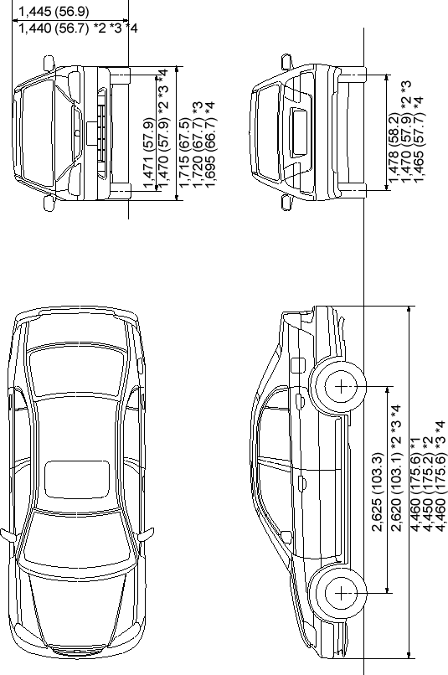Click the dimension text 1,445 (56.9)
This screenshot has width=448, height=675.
(x=54, y=11)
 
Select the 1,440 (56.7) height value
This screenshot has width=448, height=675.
(x=54, y=28)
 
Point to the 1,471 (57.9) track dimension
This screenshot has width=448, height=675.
(x=148, y=153)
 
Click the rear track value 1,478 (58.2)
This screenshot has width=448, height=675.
(x=394, y=147)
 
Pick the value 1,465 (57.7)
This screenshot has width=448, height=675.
(x=419, y=147)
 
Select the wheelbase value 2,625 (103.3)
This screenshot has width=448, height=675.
(x=376, y=492)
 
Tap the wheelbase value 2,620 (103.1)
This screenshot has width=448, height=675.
(x=396, y=492)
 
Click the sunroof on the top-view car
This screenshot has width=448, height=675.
(x=77, y=479)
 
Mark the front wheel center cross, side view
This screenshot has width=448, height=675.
(x=341, y=594)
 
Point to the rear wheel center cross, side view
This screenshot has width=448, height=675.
(x=341, y=387)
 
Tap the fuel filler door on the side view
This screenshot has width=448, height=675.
(x=297, y=365)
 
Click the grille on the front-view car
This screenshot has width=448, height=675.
(x=102, y=133)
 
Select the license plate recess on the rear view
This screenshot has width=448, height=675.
(x=299, y=132)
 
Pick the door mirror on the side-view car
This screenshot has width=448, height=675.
(x=286, y=536)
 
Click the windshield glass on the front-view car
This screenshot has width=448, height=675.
(x=39, y=133)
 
